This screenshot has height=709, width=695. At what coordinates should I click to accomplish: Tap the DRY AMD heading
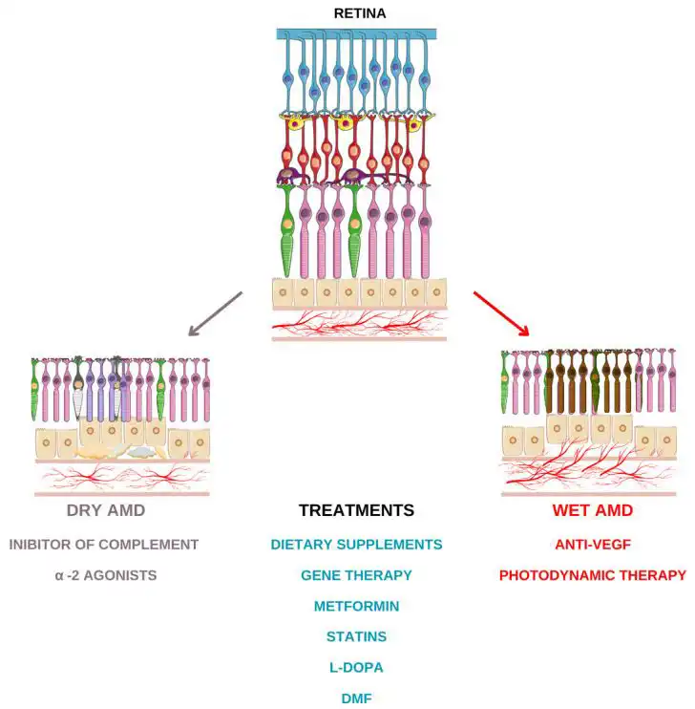pyautogui.click(x=106, y=510)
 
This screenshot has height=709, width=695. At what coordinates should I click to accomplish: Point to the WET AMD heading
pyautogui.click(x=592, y=510)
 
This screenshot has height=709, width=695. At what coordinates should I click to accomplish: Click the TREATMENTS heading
pyautogui.click(x=356, y=510)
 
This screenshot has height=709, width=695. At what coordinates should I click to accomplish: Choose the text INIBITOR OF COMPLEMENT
pyautogui.click(x=104, y=545)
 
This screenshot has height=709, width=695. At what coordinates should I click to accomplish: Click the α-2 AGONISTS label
pyautogui.click(x=105, y=575)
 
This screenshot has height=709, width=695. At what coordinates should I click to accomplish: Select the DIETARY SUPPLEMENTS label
pyautogui.click(x=356, y=545)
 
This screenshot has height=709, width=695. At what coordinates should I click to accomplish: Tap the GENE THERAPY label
pyautogui.click(x=356, y=575)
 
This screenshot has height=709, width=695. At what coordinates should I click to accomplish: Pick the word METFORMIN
pyautogui.click(x=356, y=606)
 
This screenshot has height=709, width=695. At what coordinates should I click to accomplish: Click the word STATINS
pyautogui.click(x=356, y=636)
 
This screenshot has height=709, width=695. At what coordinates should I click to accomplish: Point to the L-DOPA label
pyautogui.click(x=356, y=667)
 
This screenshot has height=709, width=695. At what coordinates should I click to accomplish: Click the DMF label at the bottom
pyautogui.click(x=356, y=698)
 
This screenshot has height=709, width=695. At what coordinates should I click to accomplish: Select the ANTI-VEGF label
pyautogui.click(x=592, y=545)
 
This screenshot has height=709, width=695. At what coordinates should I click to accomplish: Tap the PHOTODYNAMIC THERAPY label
pyautogui.click(x=592, y=575)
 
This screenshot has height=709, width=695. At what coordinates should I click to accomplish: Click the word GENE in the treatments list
pyautogui.click(x=320, y=575)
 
